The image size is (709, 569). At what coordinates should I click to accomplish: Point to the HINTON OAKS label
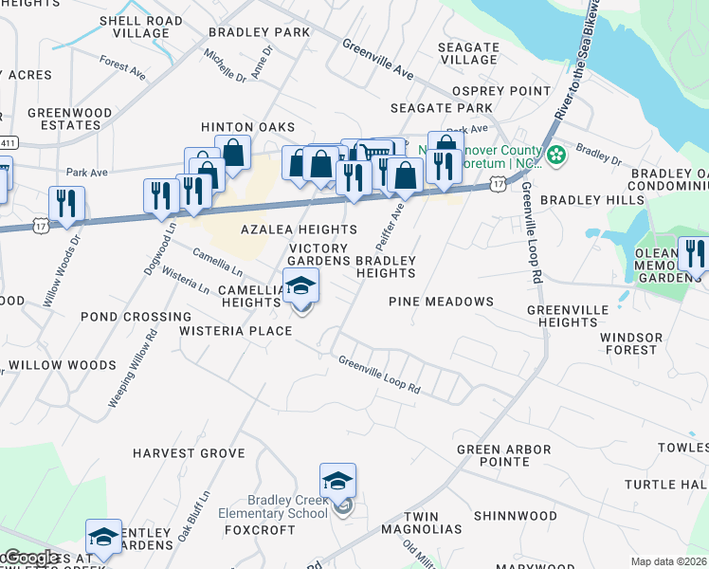247,127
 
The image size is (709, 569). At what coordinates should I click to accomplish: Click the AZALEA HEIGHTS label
299,229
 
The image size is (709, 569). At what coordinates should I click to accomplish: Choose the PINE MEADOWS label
441,302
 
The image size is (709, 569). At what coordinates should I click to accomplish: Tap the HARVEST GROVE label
189,453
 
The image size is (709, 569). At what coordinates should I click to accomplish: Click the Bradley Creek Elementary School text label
287,506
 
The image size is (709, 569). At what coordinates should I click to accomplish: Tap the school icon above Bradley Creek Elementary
337,481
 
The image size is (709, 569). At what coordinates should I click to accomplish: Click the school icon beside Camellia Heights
301,285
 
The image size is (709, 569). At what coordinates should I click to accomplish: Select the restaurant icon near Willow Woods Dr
66,204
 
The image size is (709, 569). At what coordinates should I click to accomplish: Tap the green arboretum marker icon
556,154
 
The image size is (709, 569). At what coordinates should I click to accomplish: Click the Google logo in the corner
30,558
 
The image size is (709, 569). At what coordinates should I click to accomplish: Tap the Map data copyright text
668,561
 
